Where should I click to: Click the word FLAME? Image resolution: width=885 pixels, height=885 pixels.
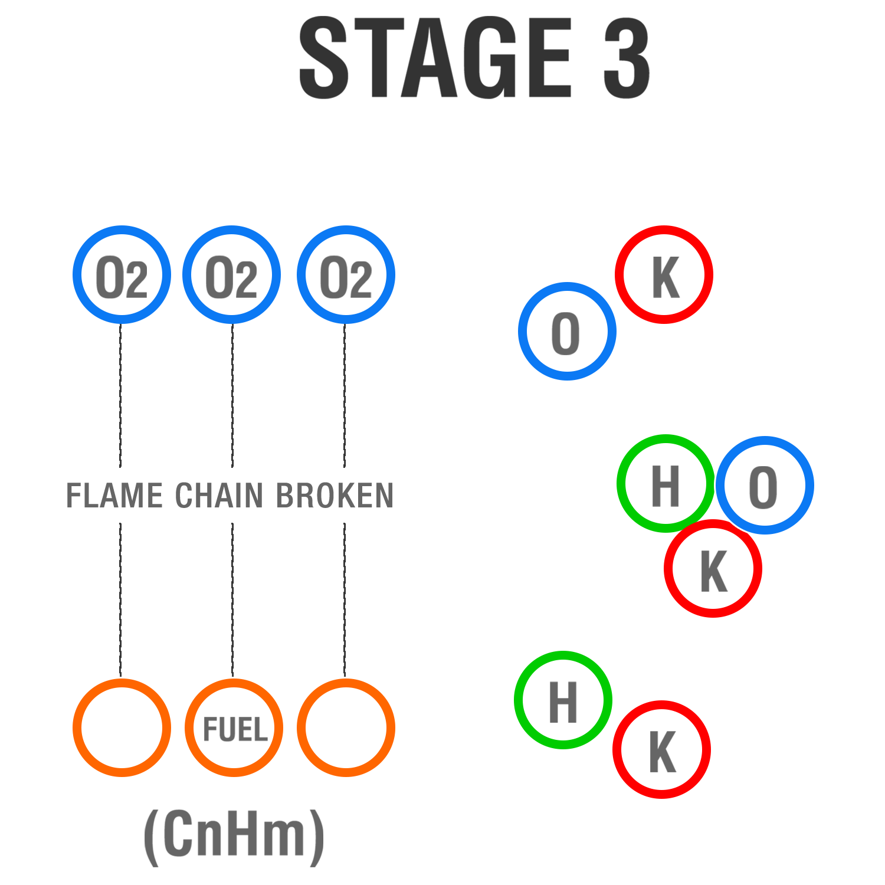(x=114, y=496)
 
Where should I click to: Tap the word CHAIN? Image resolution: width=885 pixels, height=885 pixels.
(x=219, y=496)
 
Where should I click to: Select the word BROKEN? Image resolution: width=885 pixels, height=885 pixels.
(x=335, y=496)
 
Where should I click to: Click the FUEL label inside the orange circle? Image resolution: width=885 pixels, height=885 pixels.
(x=235, y=730)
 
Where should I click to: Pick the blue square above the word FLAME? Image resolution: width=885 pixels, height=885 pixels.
(x=122, y=275)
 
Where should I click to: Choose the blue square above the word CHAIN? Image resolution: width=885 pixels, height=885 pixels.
(x=232, y=275)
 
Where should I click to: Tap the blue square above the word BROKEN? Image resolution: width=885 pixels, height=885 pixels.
(x=346, y=275)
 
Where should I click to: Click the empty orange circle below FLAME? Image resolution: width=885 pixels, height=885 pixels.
(x=122, y=727)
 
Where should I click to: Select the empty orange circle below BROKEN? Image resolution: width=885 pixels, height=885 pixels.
(x=346, y=727)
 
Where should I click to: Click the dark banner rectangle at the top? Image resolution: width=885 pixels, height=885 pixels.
(x=474, y=57)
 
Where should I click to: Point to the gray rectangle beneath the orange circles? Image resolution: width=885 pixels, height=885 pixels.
(x=234, y=838)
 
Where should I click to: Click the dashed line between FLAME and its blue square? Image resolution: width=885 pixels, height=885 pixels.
(x=120, y=395)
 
